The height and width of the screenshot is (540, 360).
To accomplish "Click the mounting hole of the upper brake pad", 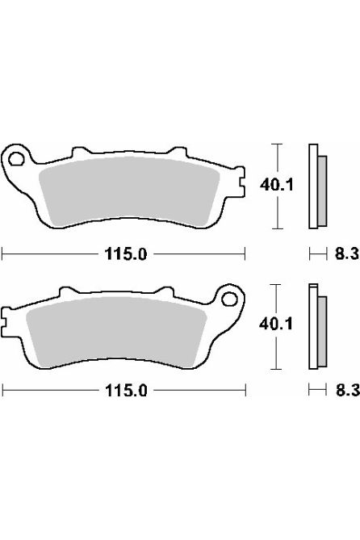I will tap(15, 156).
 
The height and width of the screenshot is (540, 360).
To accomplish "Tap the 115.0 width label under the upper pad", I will tap(124, 254).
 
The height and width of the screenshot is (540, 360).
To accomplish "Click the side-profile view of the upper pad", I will tap(317, 185).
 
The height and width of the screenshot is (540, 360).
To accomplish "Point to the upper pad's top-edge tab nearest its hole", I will tap(80, 151).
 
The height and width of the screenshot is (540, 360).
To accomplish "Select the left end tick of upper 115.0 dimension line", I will tap(2, 254).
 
